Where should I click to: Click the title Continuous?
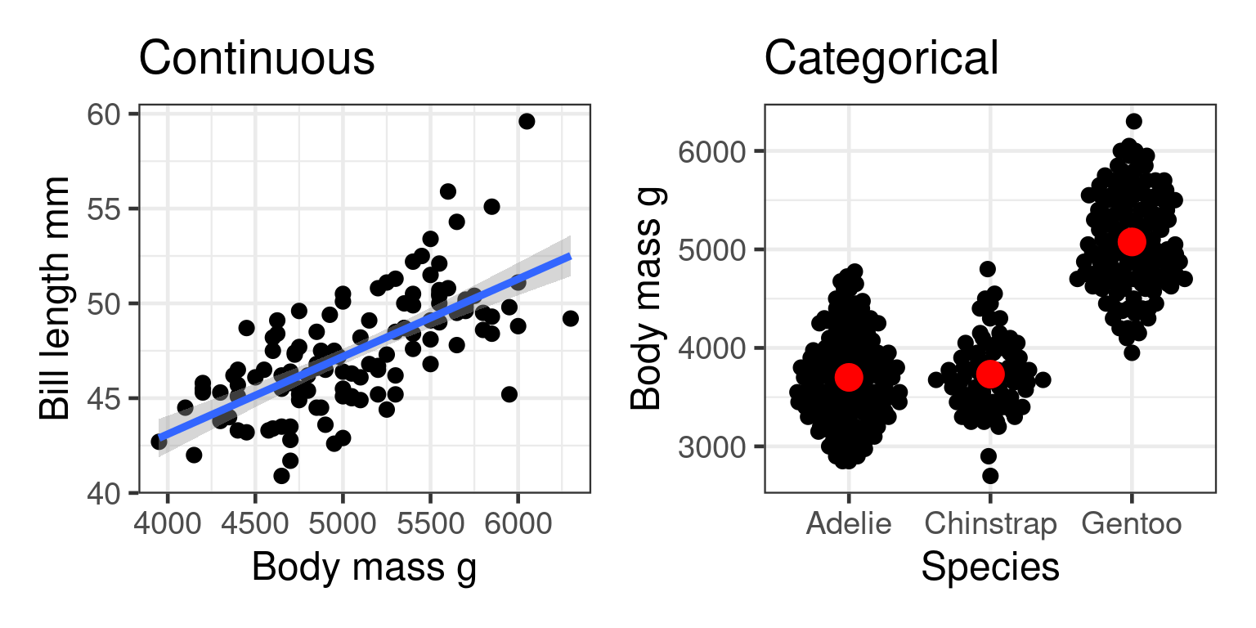click(257, 59)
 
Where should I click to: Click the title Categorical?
click(881, 59)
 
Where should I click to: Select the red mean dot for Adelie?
click(849, 377)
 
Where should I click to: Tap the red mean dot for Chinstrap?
click(990, 374)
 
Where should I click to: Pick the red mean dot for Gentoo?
click(1132, 241)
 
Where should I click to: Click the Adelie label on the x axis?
click(849, 523)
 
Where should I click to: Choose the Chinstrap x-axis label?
click(990, 523)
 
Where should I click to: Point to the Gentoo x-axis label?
click(1132, 523)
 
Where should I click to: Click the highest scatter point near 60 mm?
click(527, 121)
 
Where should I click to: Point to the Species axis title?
click(990, 567)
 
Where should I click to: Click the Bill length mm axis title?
click(56, 299)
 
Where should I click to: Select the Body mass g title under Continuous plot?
click(364, 567)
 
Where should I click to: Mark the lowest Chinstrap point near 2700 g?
click(990, 476)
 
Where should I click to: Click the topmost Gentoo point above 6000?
click(1133, 121)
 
